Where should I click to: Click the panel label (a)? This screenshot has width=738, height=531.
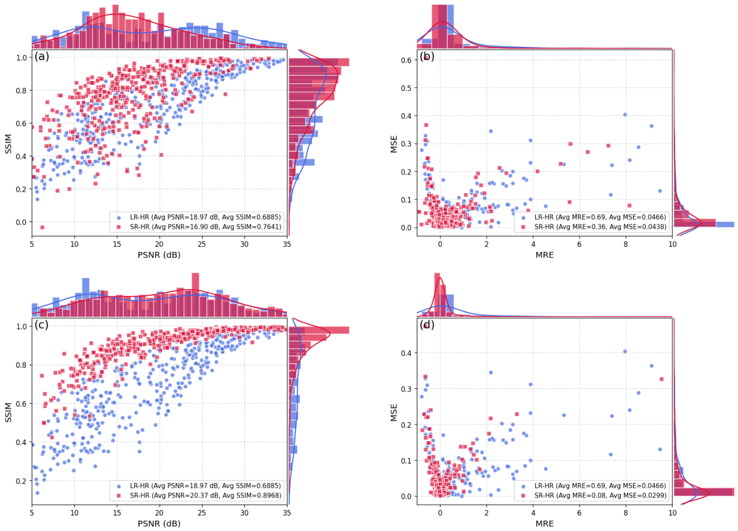pyautogui.click(x=42, y=57)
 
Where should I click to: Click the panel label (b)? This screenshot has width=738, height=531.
pyautogui.click(x=427, y=57)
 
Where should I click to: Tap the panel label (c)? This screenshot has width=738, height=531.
pyautogui.click(x=41, y=325)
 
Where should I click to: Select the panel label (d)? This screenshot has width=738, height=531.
pyautogui.click(x=427, y=325)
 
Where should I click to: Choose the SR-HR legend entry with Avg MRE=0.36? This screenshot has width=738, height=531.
pyautogui.click(x=594, y=227)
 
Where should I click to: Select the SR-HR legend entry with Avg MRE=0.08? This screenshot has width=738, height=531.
pyautogui.click(x=594, y=496)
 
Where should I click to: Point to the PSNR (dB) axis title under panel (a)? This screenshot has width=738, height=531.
pyautogui.click(x=159, y=255)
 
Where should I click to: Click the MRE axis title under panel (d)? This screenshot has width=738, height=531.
pyautogui.click(x=545, y=523)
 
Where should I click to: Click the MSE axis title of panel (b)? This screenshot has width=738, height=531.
pyautogui.click(x=394, y=144)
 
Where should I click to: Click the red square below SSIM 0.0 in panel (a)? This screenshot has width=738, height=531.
pyautogui.click(x=42, y=227)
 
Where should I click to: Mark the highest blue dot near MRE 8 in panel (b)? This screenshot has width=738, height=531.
pyautogui.click(x=625, y=114)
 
